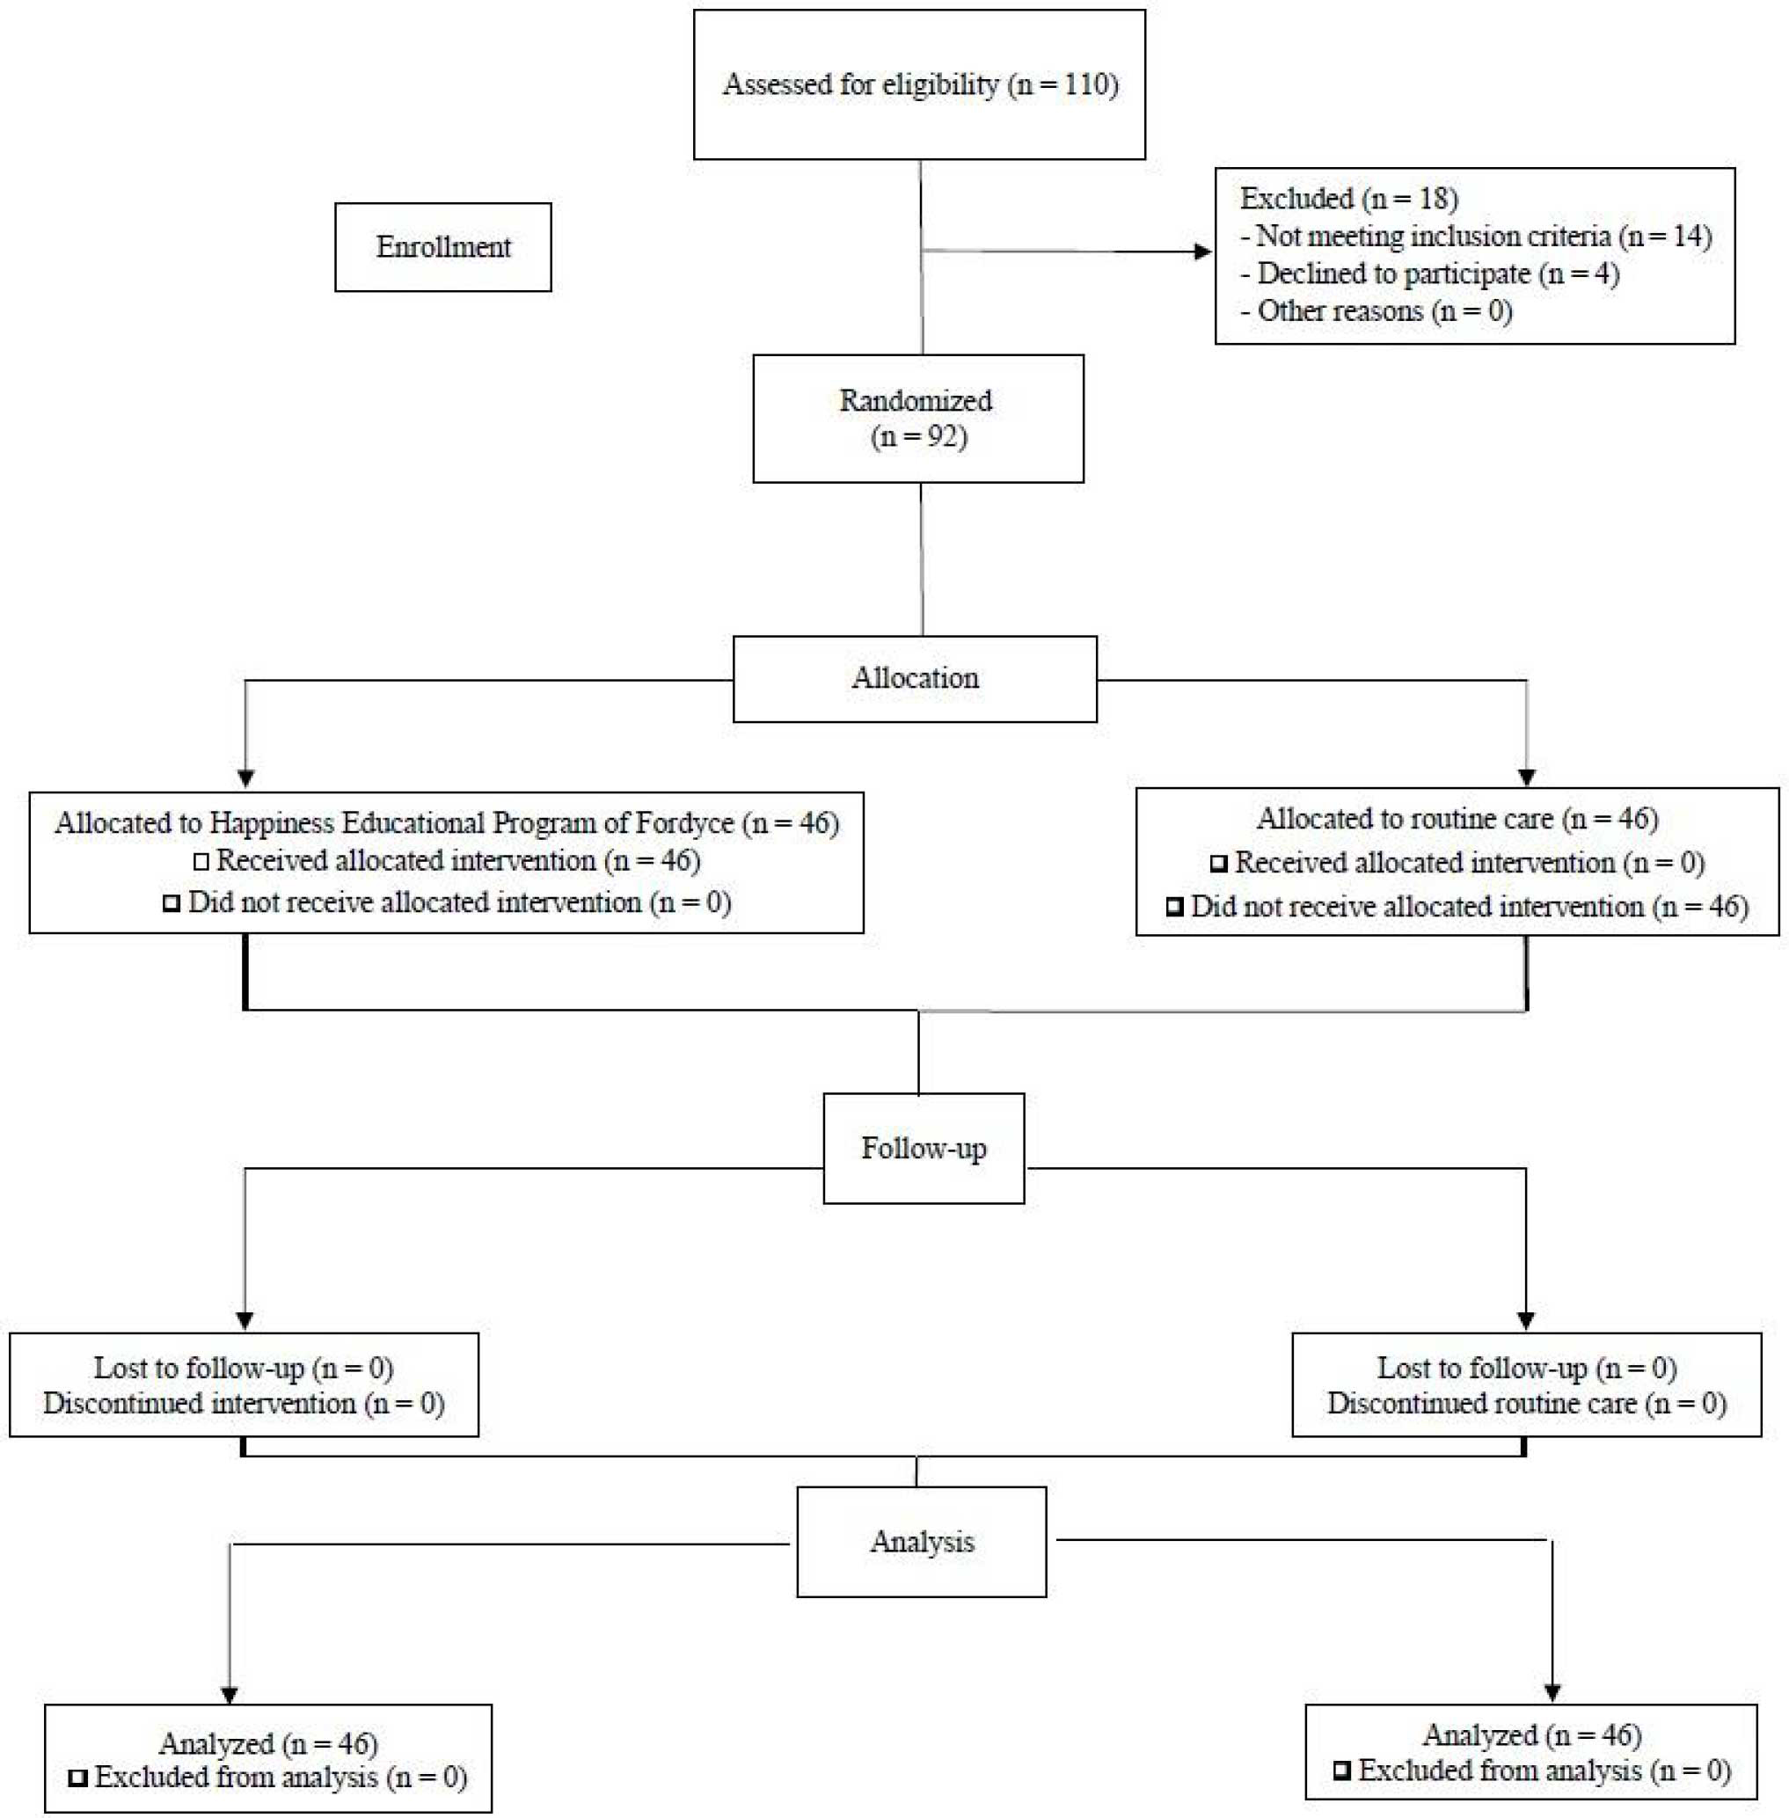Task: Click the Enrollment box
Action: (442, 247)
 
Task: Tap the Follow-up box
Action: (924, 1148)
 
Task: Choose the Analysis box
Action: (921, 1542)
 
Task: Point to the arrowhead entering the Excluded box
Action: (1201, 252)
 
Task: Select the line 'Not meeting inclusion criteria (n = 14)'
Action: (1475, 236)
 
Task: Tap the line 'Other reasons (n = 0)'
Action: (1376, 311)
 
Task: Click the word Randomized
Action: (916, 400)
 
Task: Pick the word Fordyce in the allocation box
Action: (685, 823)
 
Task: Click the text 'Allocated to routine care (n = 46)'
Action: (1457, 818)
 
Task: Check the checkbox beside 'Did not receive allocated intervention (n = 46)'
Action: (1174, 908)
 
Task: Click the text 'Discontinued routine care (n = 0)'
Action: (1527, 1404)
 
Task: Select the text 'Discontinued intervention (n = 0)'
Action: (245, 1404)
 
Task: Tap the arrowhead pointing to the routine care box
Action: (1527, 777)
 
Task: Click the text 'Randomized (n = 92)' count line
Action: (920, 438)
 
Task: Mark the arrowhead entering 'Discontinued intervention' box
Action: (245, 1320)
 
